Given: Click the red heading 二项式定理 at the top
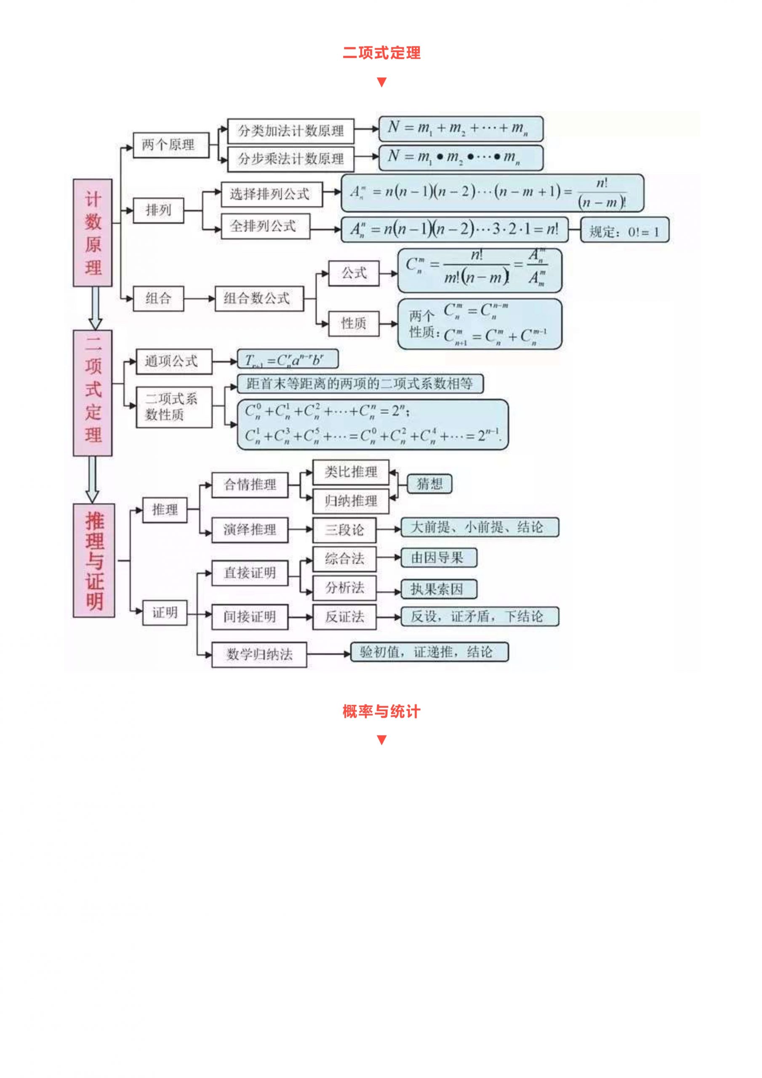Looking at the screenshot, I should tap(381, 53).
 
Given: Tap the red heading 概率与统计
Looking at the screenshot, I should tap(381, 712).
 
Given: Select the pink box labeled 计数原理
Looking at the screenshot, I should tap(93, 232).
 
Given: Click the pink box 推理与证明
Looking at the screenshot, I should tap(94, 560).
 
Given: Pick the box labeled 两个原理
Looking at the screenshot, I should tap(171, 145).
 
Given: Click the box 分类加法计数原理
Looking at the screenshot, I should tap(290, 131).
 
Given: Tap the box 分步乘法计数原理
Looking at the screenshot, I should tap(290, 159).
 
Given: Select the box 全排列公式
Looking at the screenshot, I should tap(265, 226).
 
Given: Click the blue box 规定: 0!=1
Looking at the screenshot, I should tap(624, 230).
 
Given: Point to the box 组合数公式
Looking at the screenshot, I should tap(259, 298).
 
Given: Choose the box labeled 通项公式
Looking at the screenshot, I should tap(174, 362).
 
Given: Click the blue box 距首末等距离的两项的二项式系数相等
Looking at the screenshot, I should tap(360, 384).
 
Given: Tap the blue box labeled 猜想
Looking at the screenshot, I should tap(429, 483).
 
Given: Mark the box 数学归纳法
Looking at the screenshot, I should tap(259, 654).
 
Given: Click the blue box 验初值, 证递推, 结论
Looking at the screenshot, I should tap(429, 652).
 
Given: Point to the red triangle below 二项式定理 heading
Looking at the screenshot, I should tap(381, 82).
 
